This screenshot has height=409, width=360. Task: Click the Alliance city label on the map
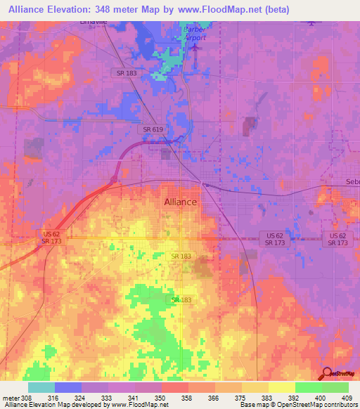point(180,202)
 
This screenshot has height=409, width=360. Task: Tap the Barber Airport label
point(194,34)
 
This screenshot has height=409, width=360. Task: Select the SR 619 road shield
point(153,130)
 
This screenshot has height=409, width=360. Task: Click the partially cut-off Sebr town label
point(352,182)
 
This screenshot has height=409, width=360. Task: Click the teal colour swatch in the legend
point(41,387)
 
